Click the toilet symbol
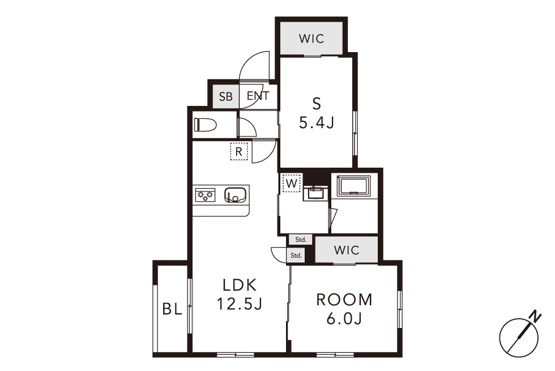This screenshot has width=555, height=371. [x=205, y=125]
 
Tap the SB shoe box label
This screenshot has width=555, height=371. [x=226, y=96]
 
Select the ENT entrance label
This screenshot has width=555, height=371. [x=258, y=96]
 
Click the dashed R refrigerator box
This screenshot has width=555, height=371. [x=239, y=152]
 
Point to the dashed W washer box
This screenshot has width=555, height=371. [x=291, y=183]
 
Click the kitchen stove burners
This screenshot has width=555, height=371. [x=205, y=195]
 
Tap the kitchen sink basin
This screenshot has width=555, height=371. [x=236, y=195]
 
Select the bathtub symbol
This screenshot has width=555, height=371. [x=353, y=186]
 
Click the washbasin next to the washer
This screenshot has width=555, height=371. [x=314, y=193]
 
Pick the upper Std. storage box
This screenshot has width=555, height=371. [x=301, y=240]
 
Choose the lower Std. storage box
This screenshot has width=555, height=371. [x=296, y=255]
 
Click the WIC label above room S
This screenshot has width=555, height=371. [x=311, y=39]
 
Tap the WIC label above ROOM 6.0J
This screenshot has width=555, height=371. [x=347, y=250]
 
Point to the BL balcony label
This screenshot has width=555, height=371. [x=172, y=309]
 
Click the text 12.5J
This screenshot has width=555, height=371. [x=239, y=304]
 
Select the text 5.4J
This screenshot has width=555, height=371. [x=317, y=122]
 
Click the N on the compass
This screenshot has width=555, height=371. [x=536, y=316]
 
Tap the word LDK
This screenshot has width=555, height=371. [x=239, y=284]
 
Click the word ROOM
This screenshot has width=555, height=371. [x=344, y=300]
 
